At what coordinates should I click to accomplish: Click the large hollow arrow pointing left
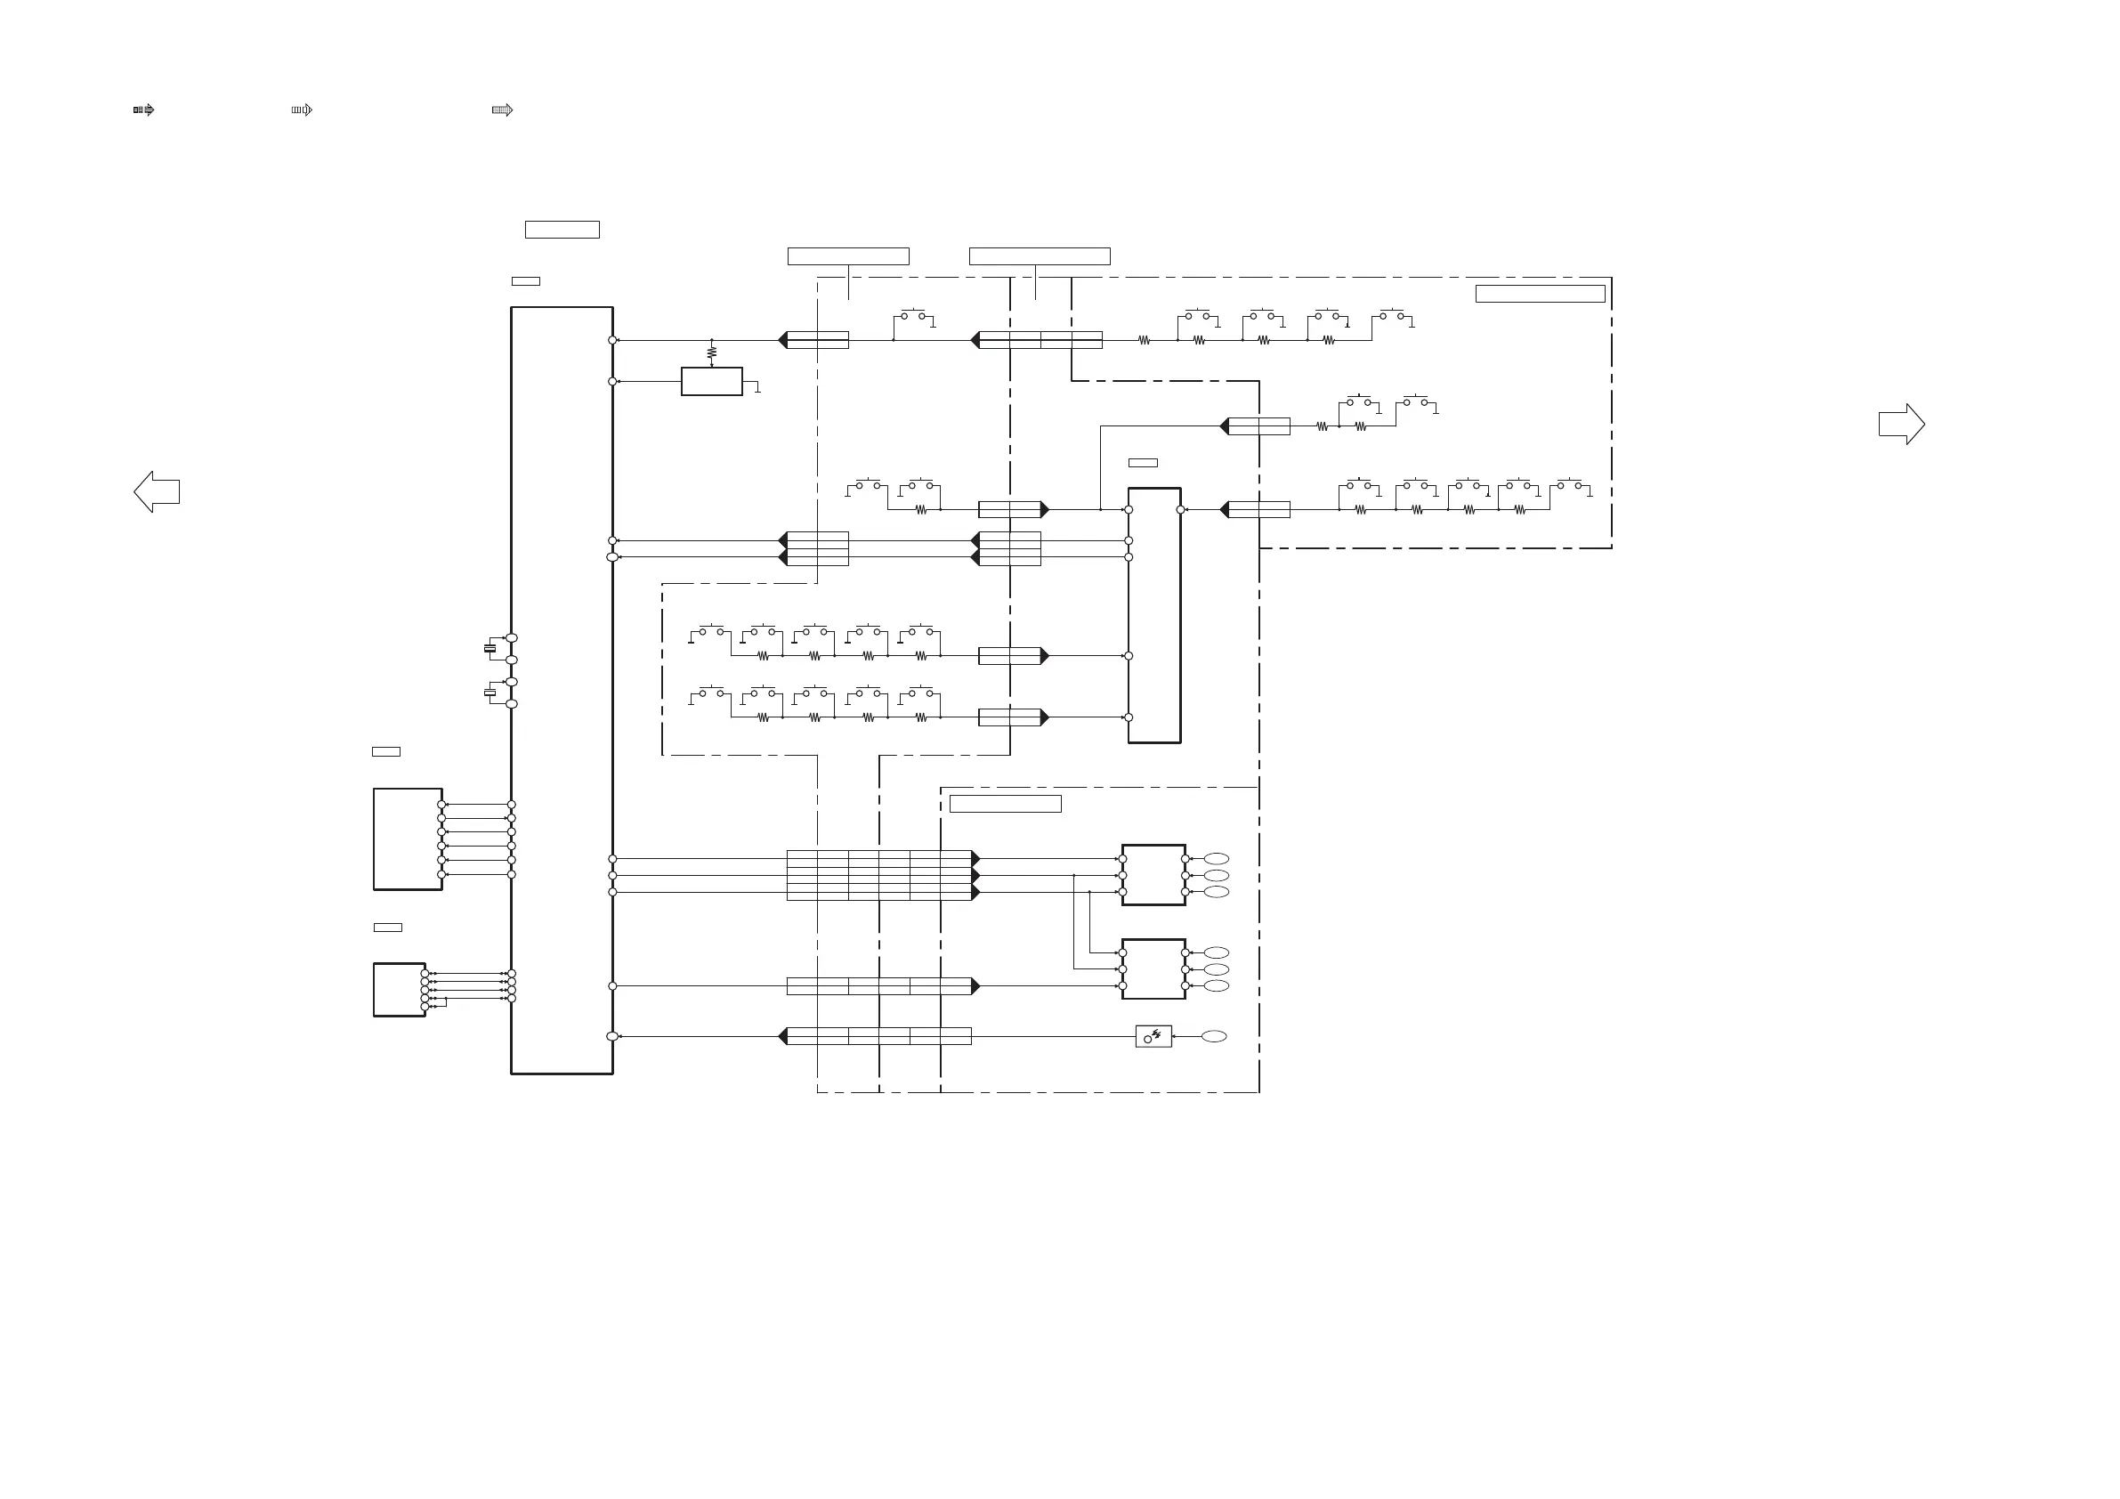point(156,491)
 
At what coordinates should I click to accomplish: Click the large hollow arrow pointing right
point(1901,424)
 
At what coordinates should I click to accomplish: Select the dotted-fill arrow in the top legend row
point(502,109)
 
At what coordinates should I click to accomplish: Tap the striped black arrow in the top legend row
point(144,109)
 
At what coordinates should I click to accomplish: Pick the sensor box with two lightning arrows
point(1153,1036)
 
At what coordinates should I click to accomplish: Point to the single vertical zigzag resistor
point(712,352)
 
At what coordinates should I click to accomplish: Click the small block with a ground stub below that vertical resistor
point(712,382)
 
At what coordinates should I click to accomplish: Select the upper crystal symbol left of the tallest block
point(490,648)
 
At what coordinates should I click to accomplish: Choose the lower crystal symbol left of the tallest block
point(490,693)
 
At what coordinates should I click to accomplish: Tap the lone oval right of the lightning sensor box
point(1214,1036)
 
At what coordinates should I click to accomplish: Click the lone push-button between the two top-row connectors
point(913,316)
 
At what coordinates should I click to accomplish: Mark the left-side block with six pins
point(408,839)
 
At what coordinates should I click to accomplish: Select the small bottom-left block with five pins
point(399,989)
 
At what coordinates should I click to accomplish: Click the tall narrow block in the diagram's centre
point(1154,615)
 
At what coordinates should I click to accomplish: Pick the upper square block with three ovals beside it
point(1153,875)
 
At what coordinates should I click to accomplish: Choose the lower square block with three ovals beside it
point(1153,968)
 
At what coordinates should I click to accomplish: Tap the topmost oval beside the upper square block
point(1216,859)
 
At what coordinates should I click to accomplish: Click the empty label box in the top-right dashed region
point(1540,294)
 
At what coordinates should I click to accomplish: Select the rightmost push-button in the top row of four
point(1391,316)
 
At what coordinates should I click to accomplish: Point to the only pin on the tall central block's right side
point(1180,510)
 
